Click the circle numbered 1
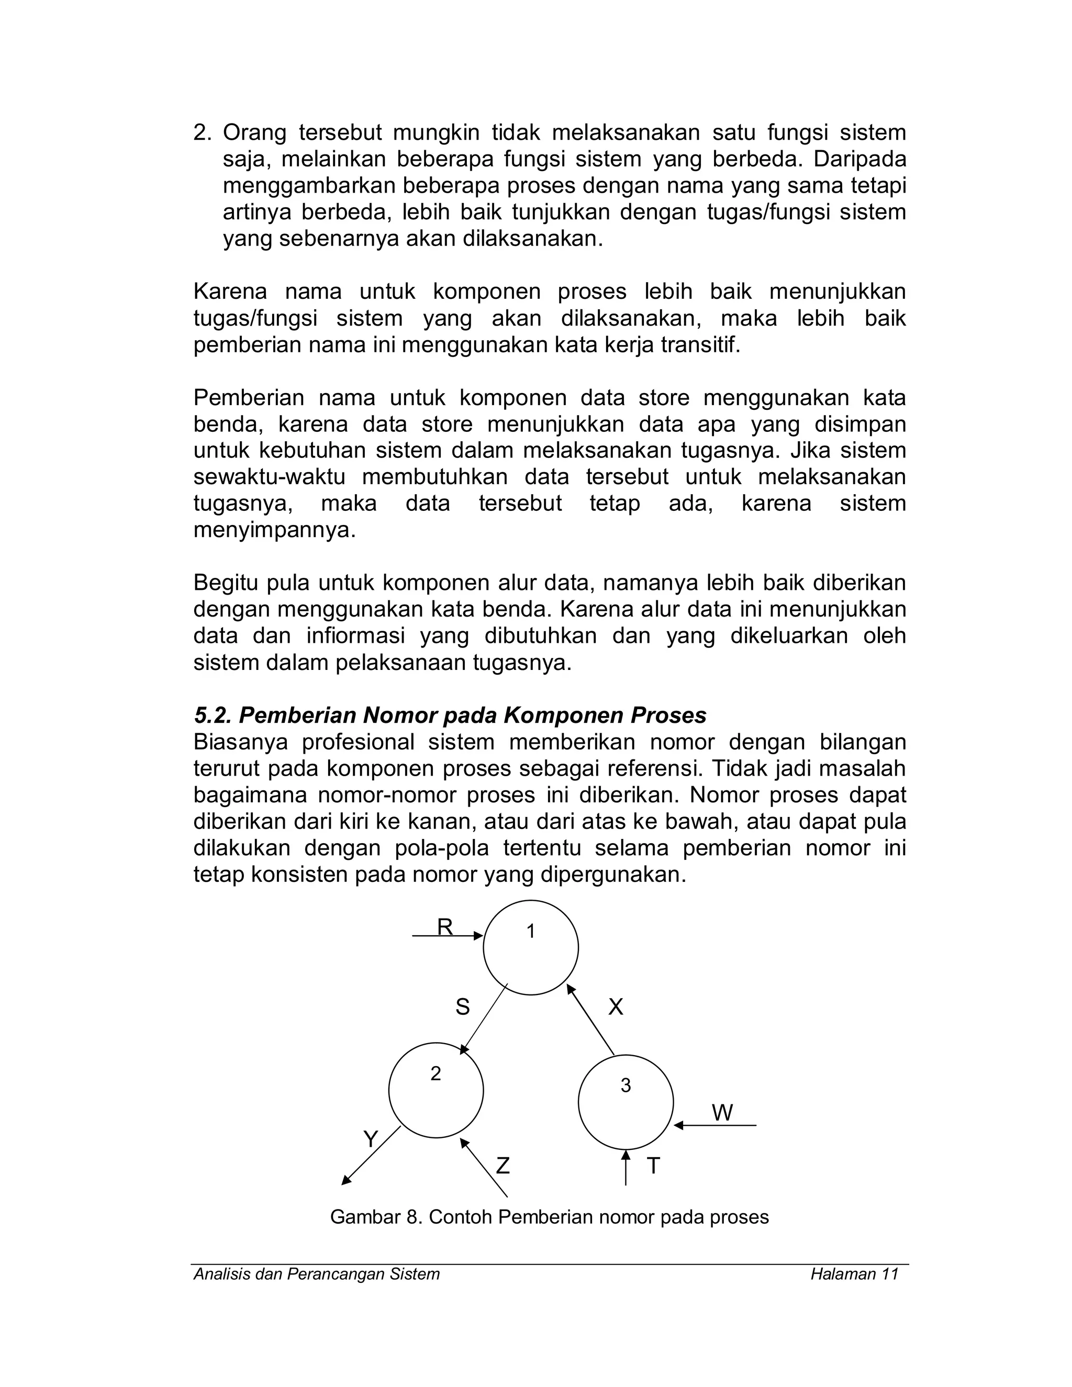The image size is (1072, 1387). click(x=530, y=947)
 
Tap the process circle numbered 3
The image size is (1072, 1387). click(x=626, y=1102)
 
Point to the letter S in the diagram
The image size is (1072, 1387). click(x=462, y=1007)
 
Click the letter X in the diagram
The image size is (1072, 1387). click(x=616, y=1007)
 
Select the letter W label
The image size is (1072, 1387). click(x=722, y=1113)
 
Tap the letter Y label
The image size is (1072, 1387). click(x=370, y=1139)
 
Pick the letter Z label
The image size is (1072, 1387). click(x=502, y=1166)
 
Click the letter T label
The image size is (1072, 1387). click(x=653, y=1166)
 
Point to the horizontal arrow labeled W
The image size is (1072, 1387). click(x=715, y=1125)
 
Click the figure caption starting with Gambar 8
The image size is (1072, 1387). click(x=549, y=1217)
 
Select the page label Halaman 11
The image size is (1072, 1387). click(x=854, y=1274)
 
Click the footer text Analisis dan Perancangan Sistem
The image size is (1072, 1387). click(x=316, y=1274)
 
